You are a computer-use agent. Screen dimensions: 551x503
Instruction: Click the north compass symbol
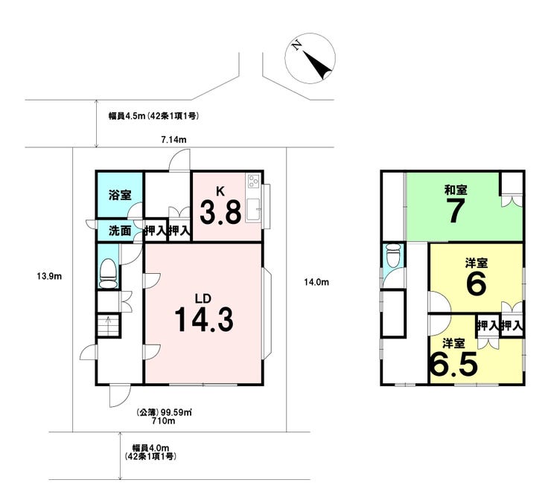coord(310,58)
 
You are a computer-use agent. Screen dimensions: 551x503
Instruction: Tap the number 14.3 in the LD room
coord(204,320)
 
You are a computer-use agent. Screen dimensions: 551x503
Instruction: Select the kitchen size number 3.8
coord(220,212)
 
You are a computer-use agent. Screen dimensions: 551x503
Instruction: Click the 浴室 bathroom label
coord(120,195)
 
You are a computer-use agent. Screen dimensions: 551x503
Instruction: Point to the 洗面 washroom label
coord(120,231)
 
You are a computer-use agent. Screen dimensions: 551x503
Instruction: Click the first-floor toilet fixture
coord(108,273)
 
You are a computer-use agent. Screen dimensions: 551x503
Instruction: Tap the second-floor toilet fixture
coord(393,256)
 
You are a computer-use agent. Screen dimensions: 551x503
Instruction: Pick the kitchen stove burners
coord(254,182)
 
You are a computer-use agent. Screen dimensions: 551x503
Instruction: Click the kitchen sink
coord(252,209)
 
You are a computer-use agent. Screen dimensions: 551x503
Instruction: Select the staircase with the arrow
coord(109,326)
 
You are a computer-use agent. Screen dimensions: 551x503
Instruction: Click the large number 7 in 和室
coord(456,211)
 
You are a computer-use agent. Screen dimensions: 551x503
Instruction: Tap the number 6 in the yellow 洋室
coord(476,283)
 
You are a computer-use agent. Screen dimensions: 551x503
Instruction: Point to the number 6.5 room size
coord(453,363)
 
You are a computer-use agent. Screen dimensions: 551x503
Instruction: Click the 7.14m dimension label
coord(173,140)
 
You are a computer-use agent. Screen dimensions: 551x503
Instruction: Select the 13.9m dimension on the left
coord(49,277)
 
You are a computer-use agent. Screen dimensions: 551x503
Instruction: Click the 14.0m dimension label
coord(316,282)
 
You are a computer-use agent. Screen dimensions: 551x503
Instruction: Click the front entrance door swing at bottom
coord(119,396)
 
